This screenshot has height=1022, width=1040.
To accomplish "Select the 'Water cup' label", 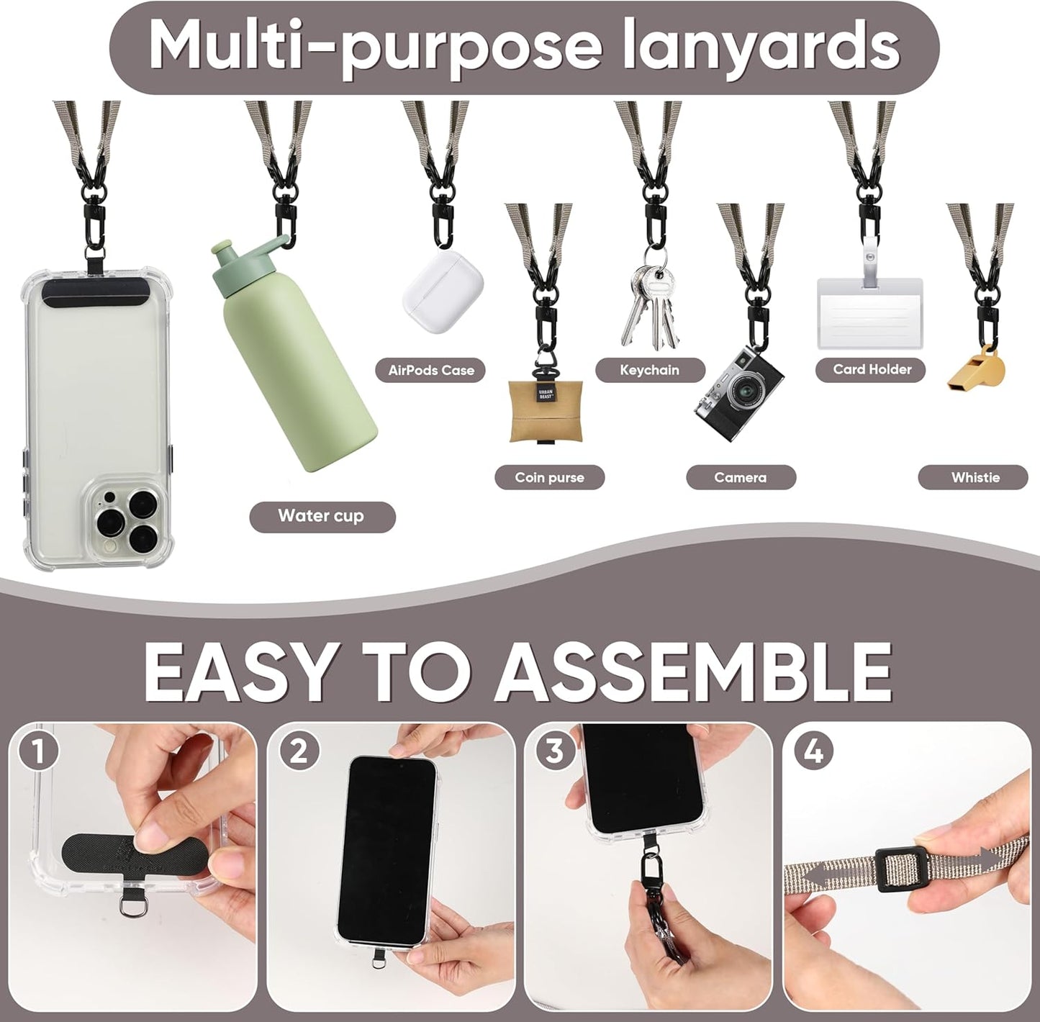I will (322, 516).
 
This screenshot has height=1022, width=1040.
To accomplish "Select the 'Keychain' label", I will (649, 370).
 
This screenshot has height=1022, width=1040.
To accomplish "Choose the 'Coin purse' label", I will (549, 477).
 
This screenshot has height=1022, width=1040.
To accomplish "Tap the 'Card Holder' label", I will (872, 369).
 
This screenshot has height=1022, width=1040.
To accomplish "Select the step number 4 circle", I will (813, 752).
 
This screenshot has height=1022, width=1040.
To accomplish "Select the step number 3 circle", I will (554, 752).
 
